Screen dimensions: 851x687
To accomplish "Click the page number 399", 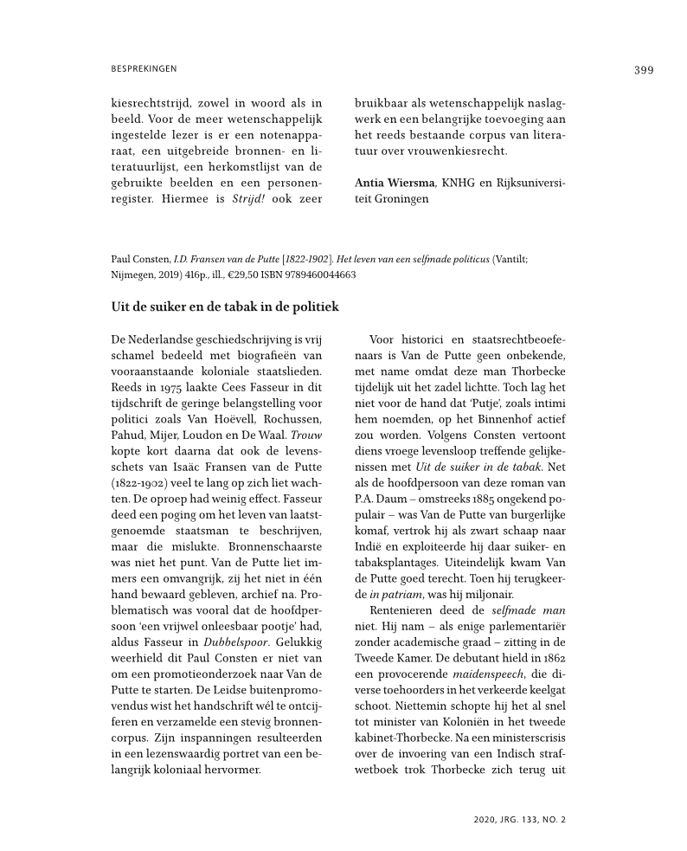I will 643,70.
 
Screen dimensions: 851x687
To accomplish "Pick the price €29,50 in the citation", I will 244,274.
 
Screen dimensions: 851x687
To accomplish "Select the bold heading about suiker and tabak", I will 224,306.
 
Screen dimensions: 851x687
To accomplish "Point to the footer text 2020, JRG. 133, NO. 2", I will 520,818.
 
